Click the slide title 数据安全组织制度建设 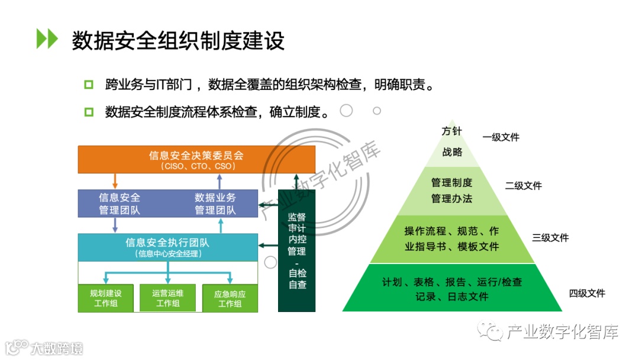coord(178,41)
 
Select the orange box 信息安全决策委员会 coord(196,160)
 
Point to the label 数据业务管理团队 coord(215,204)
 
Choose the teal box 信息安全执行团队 coord(168,247)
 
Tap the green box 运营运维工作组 coord(167,298)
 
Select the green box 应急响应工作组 coord(230,298)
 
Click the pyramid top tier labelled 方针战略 coord(452,142)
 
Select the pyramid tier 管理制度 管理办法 coord(452,191)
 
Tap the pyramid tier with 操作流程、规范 coord(452,239)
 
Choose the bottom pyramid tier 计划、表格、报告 coord(452,289)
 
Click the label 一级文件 coord(501,137)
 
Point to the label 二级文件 coord(523,186)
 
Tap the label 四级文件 coord(587,293)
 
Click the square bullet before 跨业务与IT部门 coord(89,85)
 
